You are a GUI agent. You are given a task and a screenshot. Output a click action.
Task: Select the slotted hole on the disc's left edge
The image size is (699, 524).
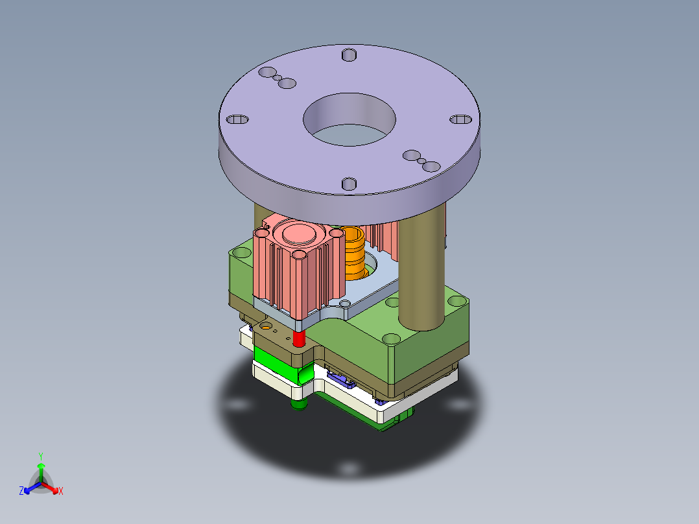tap(237, 120)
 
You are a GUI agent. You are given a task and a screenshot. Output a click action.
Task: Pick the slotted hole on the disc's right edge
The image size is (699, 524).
tap(461, 119)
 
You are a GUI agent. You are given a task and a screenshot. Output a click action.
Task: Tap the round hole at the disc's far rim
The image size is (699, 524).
tap(349, 54)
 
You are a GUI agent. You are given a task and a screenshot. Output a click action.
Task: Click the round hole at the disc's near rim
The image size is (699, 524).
tap(349, 184)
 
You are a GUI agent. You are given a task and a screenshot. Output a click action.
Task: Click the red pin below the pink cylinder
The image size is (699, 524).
tap(299, 338)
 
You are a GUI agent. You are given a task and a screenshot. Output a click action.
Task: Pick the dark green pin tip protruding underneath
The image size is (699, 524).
tap(298, 405)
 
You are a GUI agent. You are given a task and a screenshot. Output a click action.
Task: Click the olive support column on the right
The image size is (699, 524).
tap(421, 272)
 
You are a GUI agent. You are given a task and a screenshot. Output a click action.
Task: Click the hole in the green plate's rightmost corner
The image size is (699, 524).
tap(456, 302)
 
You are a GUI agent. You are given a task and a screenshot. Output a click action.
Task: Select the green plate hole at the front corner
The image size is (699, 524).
tap(392, 339)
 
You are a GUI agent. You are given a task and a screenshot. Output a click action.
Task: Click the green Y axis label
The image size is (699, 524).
tap(40, 456)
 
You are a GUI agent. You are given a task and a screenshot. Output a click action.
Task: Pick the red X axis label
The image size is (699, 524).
tap(61, 491)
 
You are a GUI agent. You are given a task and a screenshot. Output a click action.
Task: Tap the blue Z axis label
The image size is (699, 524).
tap(21, 491)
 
